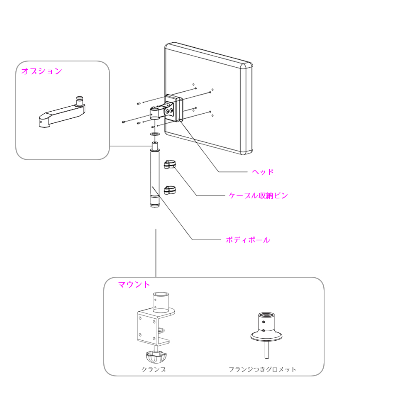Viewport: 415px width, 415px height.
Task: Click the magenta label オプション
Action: point(41,71)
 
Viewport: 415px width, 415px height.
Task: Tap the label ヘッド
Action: point(263,172)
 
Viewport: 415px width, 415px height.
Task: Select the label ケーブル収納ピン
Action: point(258,195)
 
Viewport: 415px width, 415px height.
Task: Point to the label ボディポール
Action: point(248,240)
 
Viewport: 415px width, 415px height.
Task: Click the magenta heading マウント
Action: point(134,285)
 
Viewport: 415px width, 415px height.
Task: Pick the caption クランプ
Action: point(154,369)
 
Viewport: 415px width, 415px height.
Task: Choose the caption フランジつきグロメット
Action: point(262,369)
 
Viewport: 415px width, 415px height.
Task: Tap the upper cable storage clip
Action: point(170,164)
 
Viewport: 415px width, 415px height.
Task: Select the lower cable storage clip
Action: point(170,190)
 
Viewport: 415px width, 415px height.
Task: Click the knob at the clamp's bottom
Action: point(156,357)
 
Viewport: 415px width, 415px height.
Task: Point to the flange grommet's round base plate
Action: point(266,337)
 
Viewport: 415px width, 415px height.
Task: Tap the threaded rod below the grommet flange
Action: point(266,349)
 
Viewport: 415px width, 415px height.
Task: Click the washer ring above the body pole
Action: point(155,134)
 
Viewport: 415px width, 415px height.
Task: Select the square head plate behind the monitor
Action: point(173,108)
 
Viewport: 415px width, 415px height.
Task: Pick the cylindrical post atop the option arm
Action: point(79,101)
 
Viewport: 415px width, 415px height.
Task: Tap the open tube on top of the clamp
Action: point(161,302)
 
